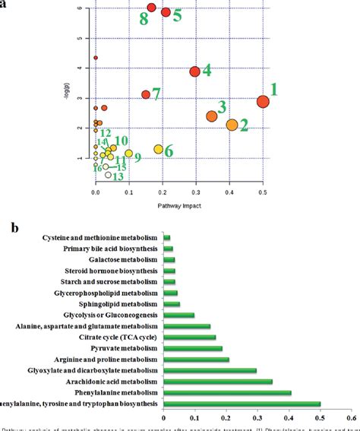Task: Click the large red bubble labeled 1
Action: [263, 102]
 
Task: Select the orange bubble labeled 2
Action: [232, 125]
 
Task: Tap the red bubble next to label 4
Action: [195, 71]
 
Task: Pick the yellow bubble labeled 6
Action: [159, 149]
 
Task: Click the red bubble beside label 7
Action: [146, 94]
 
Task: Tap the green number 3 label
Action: [223, 106]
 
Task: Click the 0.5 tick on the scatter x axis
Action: [263, 195]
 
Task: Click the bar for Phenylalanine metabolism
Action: [227, 392]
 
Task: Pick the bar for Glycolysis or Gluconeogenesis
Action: [178, 315]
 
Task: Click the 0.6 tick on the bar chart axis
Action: [350, 417]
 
